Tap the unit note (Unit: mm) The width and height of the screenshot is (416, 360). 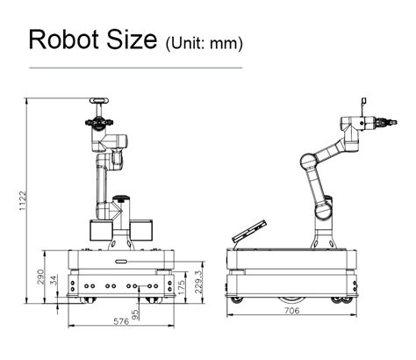click(x=204, y=42)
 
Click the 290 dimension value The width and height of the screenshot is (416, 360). click(x=39, y=277)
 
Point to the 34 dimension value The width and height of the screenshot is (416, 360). click(x=55, y=280)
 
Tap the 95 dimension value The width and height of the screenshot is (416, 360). click(x=135, y=313)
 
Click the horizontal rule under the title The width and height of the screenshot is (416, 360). click(x=136, y=67)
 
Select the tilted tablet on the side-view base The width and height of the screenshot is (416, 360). click(x=247, y=232)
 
